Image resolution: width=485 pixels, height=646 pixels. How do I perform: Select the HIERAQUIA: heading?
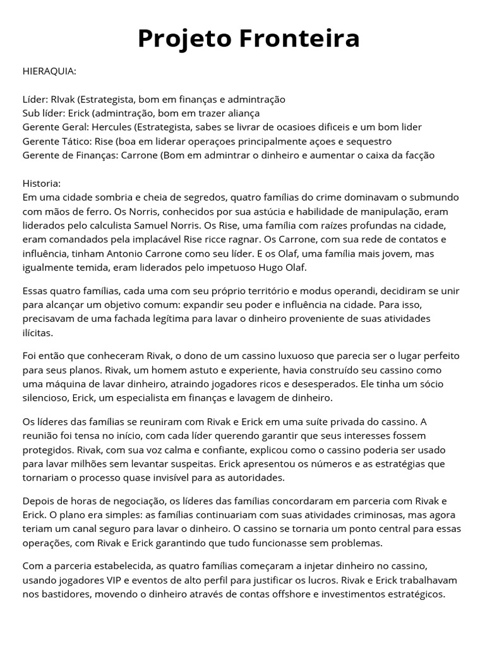(49, 71)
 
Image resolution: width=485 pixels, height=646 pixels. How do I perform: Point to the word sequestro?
(368, 141)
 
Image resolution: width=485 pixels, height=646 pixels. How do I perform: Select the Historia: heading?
(42, 183)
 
